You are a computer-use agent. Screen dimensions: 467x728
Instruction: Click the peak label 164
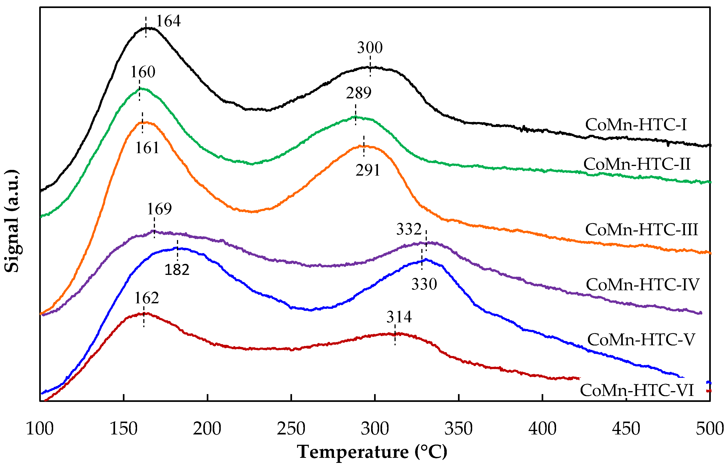pos(168,21)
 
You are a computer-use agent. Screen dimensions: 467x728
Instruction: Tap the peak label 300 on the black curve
pos(370,48)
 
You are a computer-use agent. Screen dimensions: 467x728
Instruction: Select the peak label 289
pos(358,93)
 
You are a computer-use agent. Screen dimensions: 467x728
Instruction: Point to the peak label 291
pos(368,170)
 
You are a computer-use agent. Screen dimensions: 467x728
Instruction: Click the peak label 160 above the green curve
pos(143,72)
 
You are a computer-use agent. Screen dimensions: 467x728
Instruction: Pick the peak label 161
pos(147,148)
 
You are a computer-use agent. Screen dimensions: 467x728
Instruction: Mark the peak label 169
pos(159,209)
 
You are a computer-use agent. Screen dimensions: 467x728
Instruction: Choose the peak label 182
pos(177,270)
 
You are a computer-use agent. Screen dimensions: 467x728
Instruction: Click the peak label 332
pos(409,229)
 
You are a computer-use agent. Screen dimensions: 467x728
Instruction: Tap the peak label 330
pos(424,284)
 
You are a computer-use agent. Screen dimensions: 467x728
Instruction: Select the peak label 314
pos(399,317)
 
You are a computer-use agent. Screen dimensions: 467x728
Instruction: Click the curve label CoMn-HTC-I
pos(636,125)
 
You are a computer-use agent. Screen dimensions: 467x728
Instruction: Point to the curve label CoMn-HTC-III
pos(641,229)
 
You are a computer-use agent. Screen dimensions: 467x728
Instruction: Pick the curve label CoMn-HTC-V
pos(641,339)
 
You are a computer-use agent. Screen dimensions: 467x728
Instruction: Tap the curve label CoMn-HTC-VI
pos(637,390)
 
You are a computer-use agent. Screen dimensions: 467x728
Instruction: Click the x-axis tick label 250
pos(291,428)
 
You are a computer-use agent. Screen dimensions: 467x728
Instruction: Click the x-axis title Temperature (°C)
pos(372,452)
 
